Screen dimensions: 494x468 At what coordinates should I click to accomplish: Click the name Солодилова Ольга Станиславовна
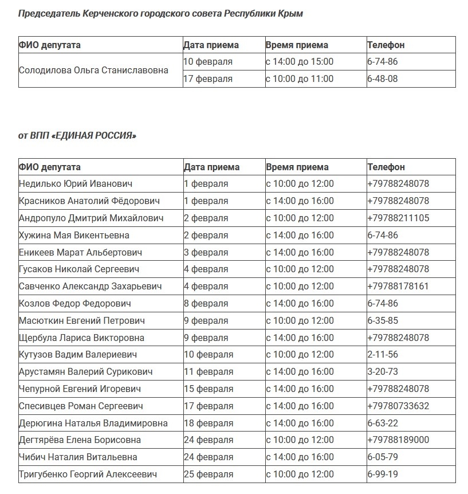pos(93,70)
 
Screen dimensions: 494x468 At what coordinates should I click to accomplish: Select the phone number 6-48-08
pos(382,79)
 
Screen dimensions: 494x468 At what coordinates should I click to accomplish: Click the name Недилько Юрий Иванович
pos(75,184)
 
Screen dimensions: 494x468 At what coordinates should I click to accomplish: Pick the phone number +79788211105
pos(398,218)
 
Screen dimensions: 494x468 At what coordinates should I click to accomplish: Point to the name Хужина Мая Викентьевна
pos(74,235)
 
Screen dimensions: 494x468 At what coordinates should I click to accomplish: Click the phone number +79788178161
pos(398,286)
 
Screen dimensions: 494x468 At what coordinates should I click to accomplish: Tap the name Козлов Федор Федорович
pos(74,303)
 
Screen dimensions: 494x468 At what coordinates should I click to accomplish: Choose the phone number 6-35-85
pos(382,320)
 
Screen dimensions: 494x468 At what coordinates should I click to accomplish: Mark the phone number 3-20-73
pos(382,371)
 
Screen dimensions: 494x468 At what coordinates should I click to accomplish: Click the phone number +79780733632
pos(398,406)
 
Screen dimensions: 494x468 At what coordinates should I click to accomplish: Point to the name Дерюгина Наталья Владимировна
pos(93,423)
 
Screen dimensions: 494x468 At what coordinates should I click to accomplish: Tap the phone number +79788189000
pos(398,440)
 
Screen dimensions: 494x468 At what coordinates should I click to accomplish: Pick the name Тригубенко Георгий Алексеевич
pos(87,474)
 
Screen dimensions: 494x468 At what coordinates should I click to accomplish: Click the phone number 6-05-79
pos(382,457)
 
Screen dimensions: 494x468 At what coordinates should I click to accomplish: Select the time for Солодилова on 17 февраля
pos(299,79)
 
